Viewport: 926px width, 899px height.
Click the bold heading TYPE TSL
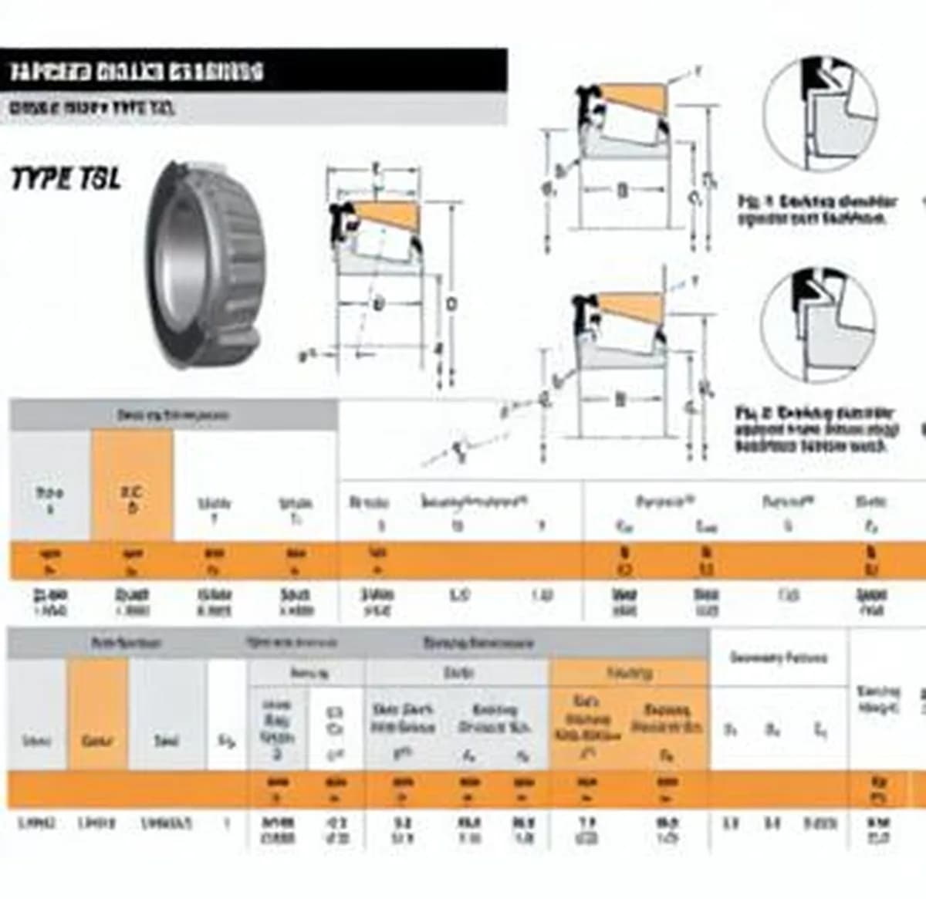pos(66,179)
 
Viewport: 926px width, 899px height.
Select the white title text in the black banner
pos(137,72)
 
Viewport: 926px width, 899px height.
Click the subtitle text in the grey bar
pos(92,108)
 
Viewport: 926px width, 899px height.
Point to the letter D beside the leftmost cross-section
pos(451,304)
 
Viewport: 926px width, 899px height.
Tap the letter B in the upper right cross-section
pos(622,190)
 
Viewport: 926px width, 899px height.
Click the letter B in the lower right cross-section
pos(620,399)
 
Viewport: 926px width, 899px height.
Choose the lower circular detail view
pos(818,324)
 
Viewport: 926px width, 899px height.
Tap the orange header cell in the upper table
pos(132,485)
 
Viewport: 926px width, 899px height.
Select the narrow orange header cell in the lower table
pos(97,715)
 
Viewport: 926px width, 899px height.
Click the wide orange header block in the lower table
pos(628,715)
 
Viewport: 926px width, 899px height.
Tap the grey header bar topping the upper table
pos(174,415)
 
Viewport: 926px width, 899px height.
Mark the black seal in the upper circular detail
pos(813,76)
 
